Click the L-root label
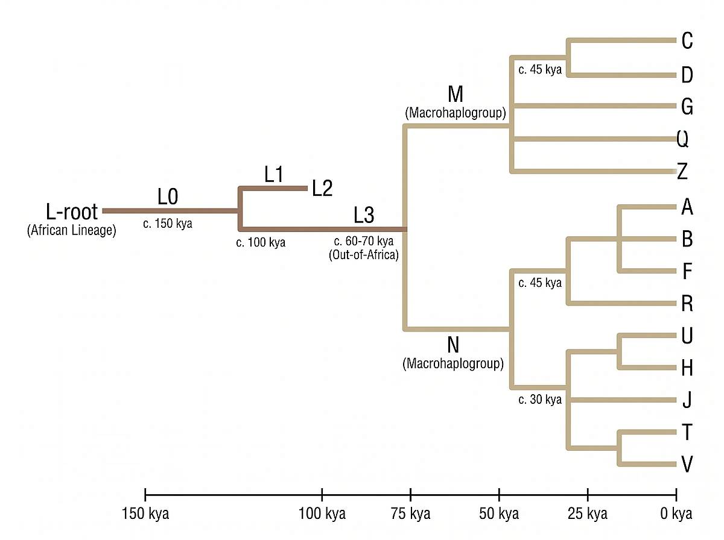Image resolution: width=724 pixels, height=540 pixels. click(71, 212)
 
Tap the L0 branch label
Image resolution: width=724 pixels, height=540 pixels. click(168, 196)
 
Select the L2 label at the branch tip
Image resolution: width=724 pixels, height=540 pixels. click(322, 189)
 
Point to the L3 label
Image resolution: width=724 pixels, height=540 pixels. click(364, 214)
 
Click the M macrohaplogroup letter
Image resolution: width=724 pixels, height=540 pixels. click(455, 95)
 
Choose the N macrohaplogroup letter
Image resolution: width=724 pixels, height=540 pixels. click(453, 345)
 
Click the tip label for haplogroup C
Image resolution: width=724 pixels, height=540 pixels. click(687, 41)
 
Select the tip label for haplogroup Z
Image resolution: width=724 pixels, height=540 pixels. click(682, 172)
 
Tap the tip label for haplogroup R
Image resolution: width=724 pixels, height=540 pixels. click(687, 303)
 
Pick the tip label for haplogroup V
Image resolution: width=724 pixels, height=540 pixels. click(687, 465)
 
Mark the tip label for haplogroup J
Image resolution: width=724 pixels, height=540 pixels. click(687, 400)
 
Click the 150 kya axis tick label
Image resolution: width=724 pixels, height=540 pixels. click(145, 514)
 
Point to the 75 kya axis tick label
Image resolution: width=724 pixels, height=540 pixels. click(410, 514)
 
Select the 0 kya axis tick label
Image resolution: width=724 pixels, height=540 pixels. click(676, 514)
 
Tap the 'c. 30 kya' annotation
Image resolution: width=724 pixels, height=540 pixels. click(540, 400)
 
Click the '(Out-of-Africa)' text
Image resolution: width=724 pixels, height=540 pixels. click(364, 254)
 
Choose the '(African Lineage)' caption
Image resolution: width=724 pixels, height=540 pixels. click(71, 230)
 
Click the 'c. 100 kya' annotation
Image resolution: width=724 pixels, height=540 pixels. click(261, 243)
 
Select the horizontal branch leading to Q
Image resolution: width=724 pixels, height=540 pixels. click(594, 140)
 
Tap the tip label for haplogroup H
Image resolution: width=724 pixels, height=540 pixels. click(687, 368)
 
